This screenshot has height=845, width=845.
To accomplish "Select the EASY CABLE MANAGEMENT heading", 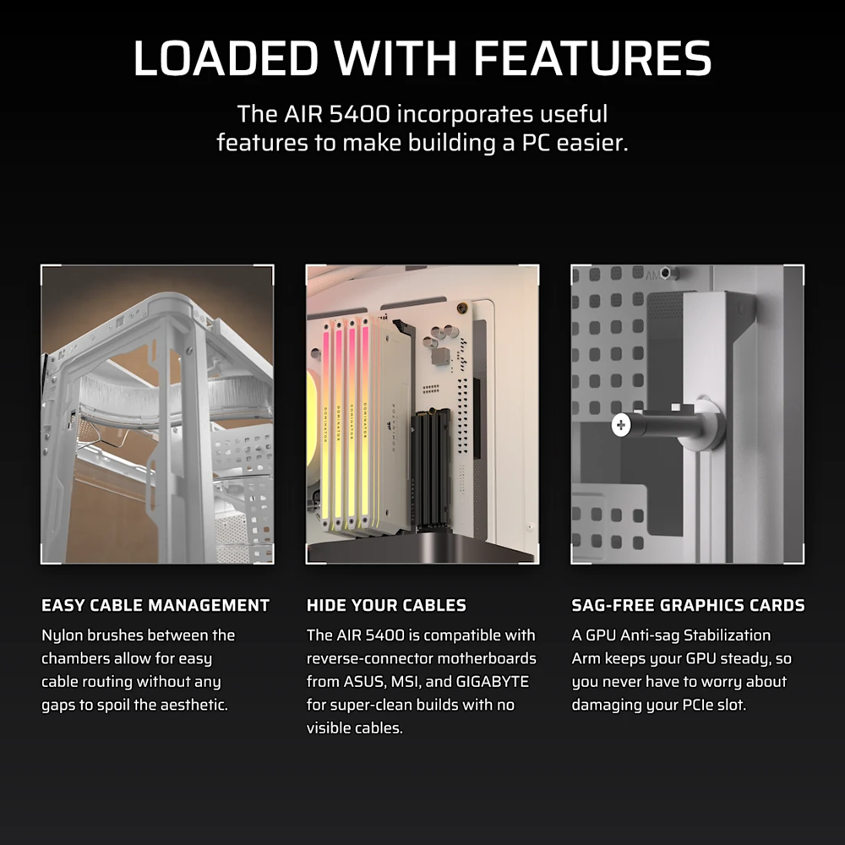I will [x=155, y=605].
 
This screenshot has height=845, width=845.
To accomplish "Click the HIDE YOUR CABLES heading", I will [x=386, y=605].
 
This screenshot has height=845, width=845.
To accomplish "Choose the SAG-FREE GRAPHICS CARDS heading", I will [x=688, y=605].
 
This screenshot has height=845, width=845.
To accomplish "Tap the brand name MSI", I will [x=407, y=681].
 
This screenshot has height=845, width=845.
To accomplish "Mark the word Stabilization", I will [x=729, y=635].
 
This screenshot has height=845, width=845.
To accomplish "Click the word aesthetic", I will [x=188, y=705].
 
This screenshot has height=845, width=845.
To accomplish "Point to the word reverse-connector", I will [x=367, y=658].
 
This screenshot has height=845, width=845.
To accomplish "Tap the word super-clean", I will [x=377, y=705].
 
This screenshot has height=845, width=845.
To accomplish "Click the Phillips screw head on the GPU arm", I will [x=621, y=425].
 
